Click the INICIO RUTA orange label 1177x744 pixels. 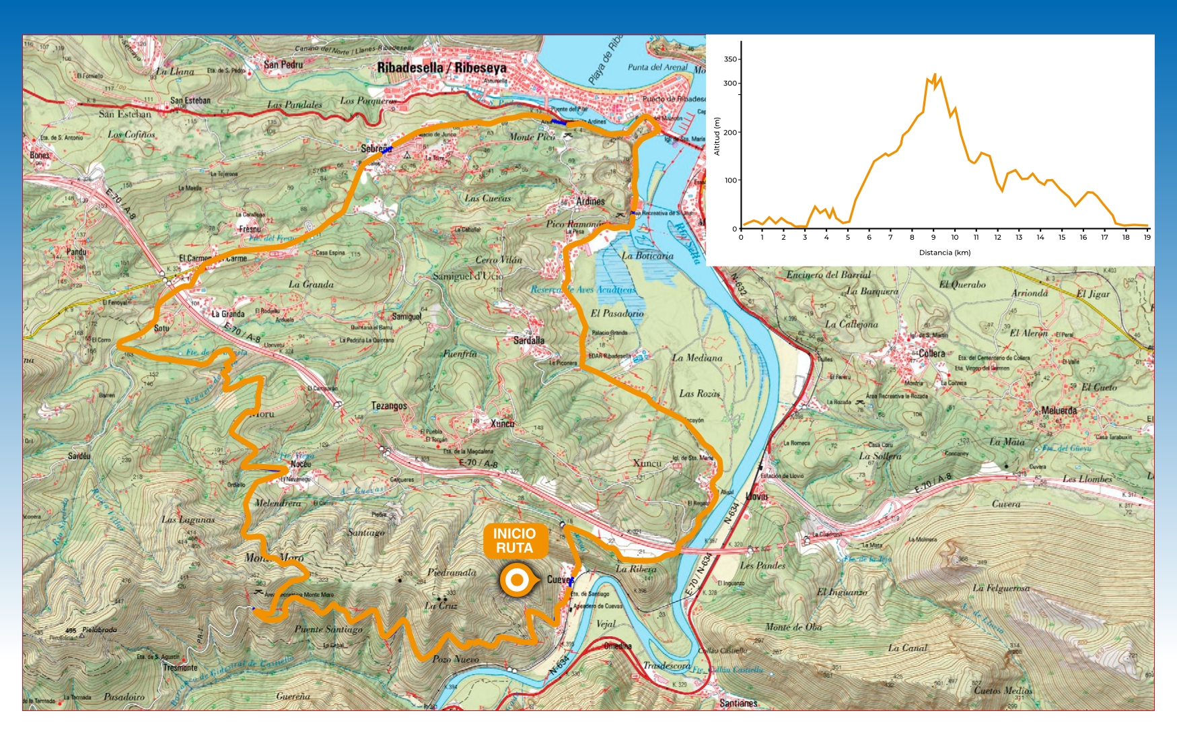click(515, 541)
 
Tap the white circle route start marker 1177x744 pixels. click(517, 580)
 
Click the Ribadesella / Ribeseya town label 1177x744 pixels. click(441, 68)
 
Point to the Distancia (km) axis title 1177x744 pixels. click(945, 253)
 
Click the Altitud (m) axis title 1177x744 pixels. click(717, 137)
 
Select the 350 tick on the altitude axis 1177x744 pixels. click(730, 59)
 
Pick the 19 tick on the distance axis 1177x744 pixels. click(1147, 237)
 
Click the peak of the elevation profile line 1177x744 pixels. click(935, 75)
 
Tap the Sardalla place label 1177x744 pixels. click(529, 341)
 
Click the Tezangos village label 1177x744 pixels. click(389, 406)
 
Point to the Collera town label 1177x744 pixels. click(932, 353)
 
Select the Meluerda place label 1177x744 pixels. click(1059, 411)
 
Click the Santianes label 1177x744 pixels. click(738, 704)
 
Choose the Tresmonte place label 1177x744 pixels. click(180, 668)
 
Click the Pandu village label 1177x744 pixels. click(76, 252)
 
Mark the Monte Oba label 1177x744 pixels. click(793, 628)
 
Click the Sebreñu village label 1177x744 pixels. click(376, 149)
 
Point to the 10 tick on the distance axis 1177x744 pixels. click(954, 237)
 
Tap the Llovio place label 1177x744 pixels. click(756, 496)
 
